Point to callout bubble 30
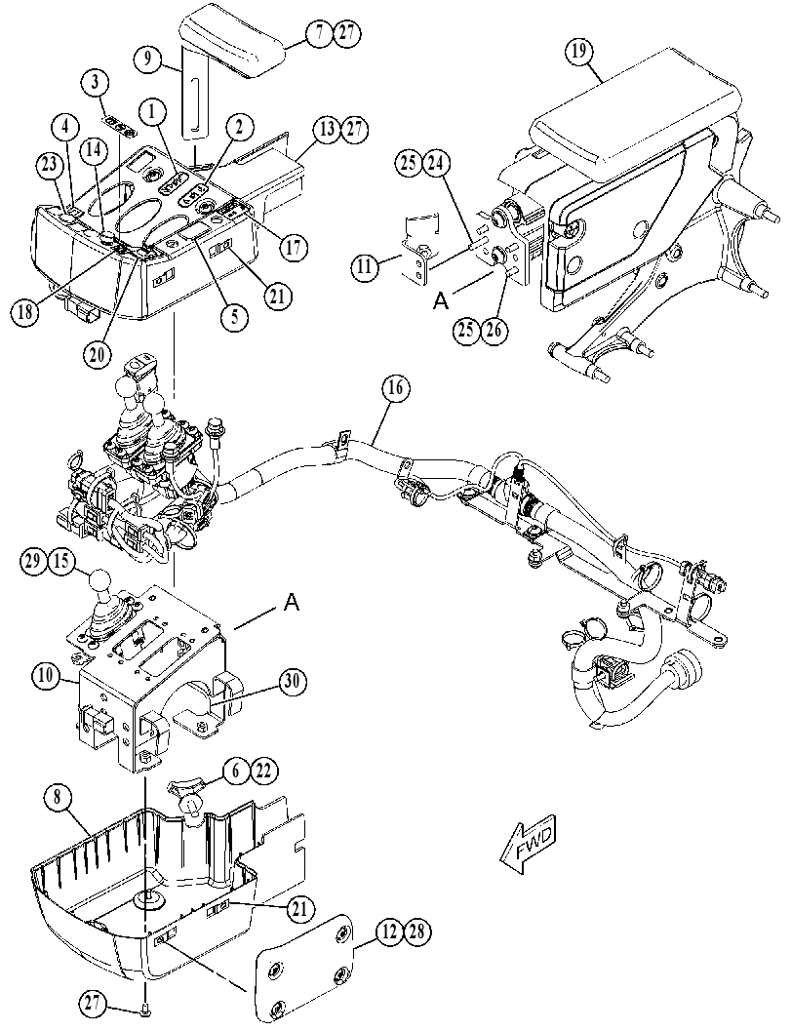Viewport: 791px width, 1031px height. (x=293, y=682)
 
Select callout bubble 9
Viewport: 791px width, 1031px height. (x=148, y=59)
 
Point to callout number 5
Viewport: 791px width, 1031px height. (x=235, y=317)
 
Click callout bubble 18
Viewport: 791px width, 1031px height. (x=25, y=311)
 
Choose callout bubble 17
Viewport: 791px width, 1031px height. (x=293, y=249)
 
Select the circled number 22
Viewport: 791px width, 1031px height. (x=263, y=771)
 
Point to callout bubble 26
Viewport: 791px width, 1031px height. (x=494, y=330)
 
